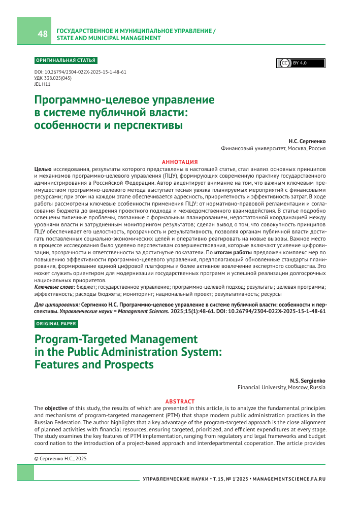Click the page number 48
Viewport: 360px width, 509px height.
(x=43, y=35)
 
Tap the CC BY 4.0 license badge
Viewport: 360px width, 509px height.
(x=301, y=63)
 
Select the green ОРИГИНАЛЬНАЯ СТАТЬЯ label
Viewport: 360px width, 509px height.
(x=65, y=60)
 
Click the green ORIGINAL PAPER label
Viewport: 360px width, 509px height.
(x=56, y=323)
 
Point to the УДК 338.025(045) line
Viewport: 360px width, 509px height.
(x=52, y=78)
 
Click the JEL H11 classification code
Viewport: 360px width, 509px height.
(x=42, y=84)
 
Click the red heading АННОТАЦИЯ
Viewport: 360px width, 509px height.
(x=179, y=161)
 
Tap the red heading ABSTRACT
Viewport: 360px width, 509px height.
(x=179, y=401)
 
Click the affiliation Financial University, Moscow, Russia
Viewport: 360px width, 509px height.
(x=282, y=387)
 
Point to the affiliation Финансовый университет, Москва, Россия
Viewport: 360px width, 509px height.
(x=273, y=149)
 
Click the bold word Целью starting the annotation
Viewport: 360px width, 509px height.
(x=42, y=168)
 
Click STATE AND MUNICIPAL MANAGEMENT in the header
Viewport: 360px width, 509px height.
(x=108, y=38)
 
